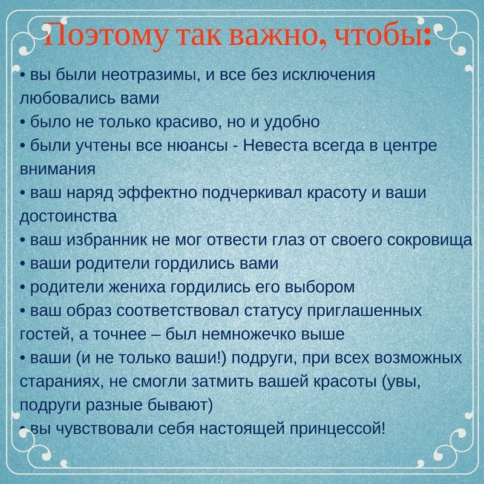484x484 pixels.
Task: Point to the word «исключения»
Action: tap(329, 75)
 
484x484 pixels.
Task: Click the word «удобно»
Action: tap(291, 123)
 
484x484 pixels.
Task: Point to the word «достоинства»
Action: tap(68, 217)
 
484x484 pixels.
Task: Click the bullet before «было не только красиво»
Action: tap(23, 123)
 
